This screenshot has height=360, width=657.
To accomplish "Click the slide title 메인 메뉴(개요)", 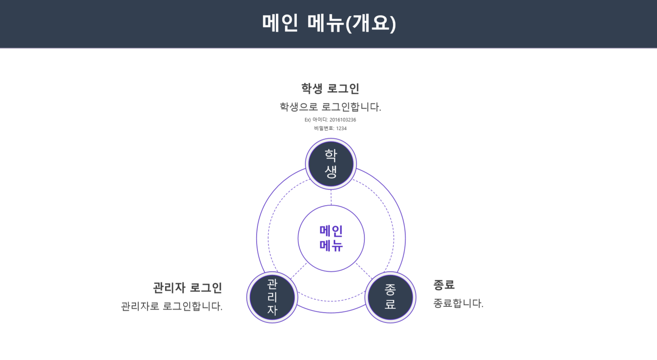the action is pyautogui.click(x=329, y=23).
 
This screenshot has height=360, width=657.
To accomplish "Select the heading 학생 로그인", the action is pyautogui.click(x=330, y=89).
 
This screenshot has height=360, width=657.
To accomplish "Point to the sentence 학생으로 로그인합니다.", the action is pyautogui.click(x=330, y=107).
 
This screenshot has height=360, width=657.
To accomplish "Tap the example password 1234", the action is pyautogui.click(x=341, y=128).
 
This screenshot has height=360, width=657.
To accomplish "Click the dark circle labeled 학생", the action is pyautogui.click(x=331, y=164).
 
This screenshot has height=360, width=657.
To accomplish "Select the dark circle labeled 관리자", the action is pyautogui.click(x=272, y=297).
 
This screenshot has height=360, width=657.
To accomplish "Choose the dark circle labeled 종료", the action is pyautogui.click(x=390, y=297).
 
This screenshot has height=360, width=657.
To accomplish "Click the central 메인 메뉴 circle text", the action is pyautogui.click(x=331, y=238).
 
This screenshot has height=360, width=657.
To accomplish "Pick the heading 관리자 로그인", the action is pyautogui.click(x=188, y=288).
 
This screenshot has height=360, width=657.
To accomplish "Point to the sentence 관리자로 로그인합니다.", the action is pyautogui.click(x=171, y=306).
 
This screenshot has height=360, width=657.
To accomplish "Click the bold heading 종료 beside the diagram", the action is pyautogui.click(x=444, y=284).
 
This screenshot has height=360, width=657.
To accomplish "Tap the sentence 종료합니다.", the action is pyautogui.click(x=458, y=303).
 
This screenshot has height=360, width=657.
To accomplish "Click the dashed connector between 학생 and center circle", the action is pyautogui.click(x=331, y=197).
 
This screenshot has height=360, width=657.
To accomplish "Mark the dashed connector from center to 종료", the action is pyautogui.click(x=363, y=271).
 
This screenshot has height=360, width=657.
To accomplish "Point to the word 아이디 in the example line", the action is pyautogui.click(x=320, y=120).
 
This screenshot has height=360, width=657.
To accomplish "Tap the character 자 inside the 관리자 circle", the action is pyautogui.click(x=272, y=310).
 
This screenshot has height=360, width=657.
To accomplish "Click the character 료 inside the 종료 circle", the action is pyautogui.click(x=390, y=304).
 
